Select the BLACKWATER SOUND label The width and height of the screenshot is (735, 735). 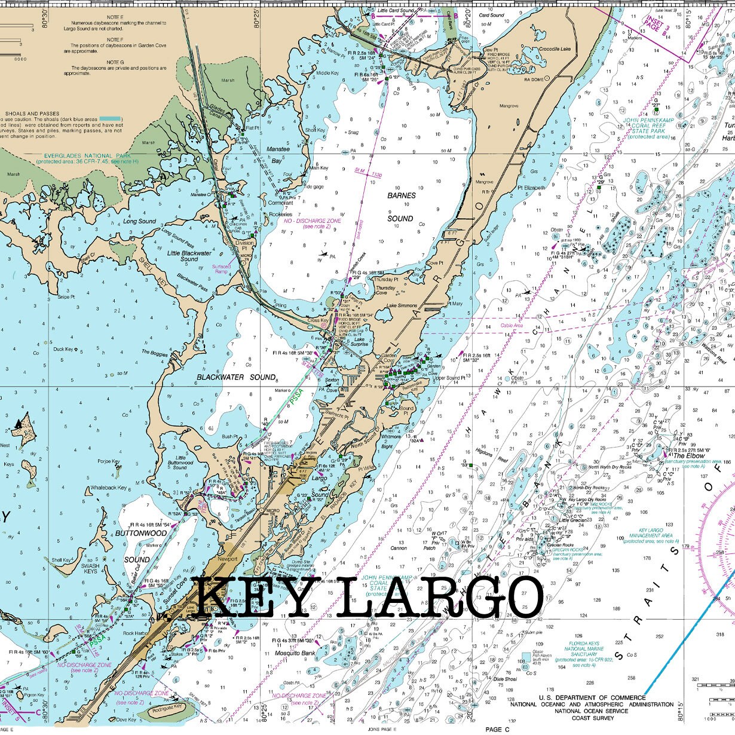point(236,378)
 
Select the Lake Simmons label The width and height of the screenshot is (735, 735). point(402,306)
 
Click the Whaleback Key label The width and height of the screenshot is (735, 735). point(108,488)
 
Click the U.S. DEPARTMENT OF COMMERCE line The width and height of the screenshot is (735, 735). point(592,697)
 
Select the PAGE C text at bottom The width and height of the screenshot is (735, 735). point(497,730)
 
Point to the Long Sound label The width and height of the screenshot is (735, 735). point(139,221)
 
